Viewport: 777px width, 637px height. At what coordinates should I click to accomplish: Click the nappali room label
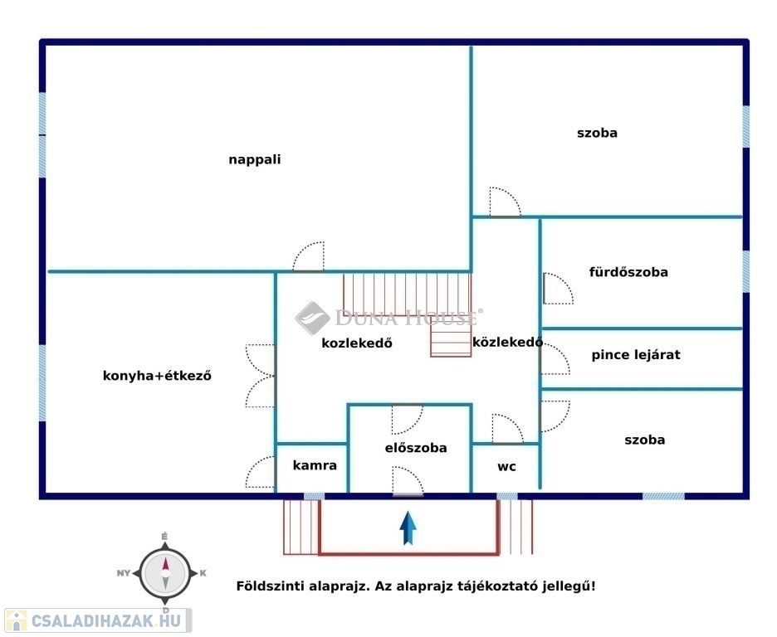[255, 160]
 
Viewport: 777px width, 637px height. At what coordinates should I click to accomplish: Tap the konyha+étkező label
[157, 376]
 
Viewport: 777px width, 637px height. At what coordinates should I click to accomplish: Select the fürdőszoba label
[628, 272]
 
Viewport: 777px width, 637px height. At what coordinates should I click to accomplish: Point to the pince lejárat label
[636, 355]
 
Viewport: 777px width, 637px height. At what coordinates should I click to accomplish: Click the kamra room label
[315, 465]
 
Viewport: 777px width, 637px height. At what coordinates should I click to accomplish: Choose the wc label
[506, 467]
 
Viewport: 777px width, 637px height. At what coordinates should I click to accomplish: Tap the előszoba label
[416, 448]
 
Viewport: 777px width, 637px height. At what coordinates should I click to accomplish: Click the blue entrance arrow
[408, 528]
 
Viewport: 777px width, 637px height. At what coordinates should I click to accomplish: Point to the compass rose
[165, 573]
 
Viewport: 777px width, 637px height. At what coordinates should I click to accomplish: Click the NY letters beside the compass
[124, 573]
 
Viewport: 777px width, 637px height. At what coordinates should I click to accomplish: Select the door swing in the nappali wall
[308, 257]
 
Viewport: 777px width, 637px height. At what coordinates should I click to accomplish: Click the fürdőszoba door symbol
[558, 289]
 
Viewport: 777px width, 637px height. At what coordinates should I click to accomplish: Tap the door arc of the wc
[507, 429]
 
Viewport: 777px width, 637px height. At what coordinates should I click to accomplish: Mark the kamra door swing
[260, 472]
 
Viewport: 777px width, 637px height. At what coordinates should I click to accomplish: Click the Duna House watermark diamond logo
[312, 318]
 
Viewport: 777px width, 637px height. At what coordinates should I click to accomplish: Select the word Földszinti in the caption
[270, 586]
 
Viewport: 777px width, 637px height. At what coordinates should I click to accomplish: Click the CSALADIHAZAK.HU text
[106, 620]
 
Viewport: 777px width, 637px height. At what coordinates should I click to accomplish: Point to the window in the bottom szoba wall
[663, 496]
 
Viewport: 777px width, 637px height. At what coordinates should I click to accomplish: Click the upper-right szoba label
[597, 133]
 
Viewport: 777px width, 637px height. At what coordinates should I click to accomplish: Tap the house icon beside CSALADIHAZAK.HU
[16, 620]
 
